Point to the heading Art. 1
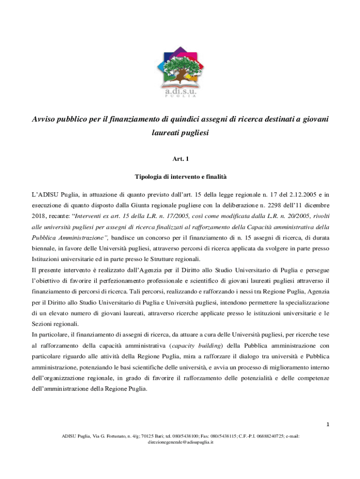click(180, 160)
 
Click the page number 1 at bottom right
click(328, 425)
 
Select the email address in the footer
click(180, 442)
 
